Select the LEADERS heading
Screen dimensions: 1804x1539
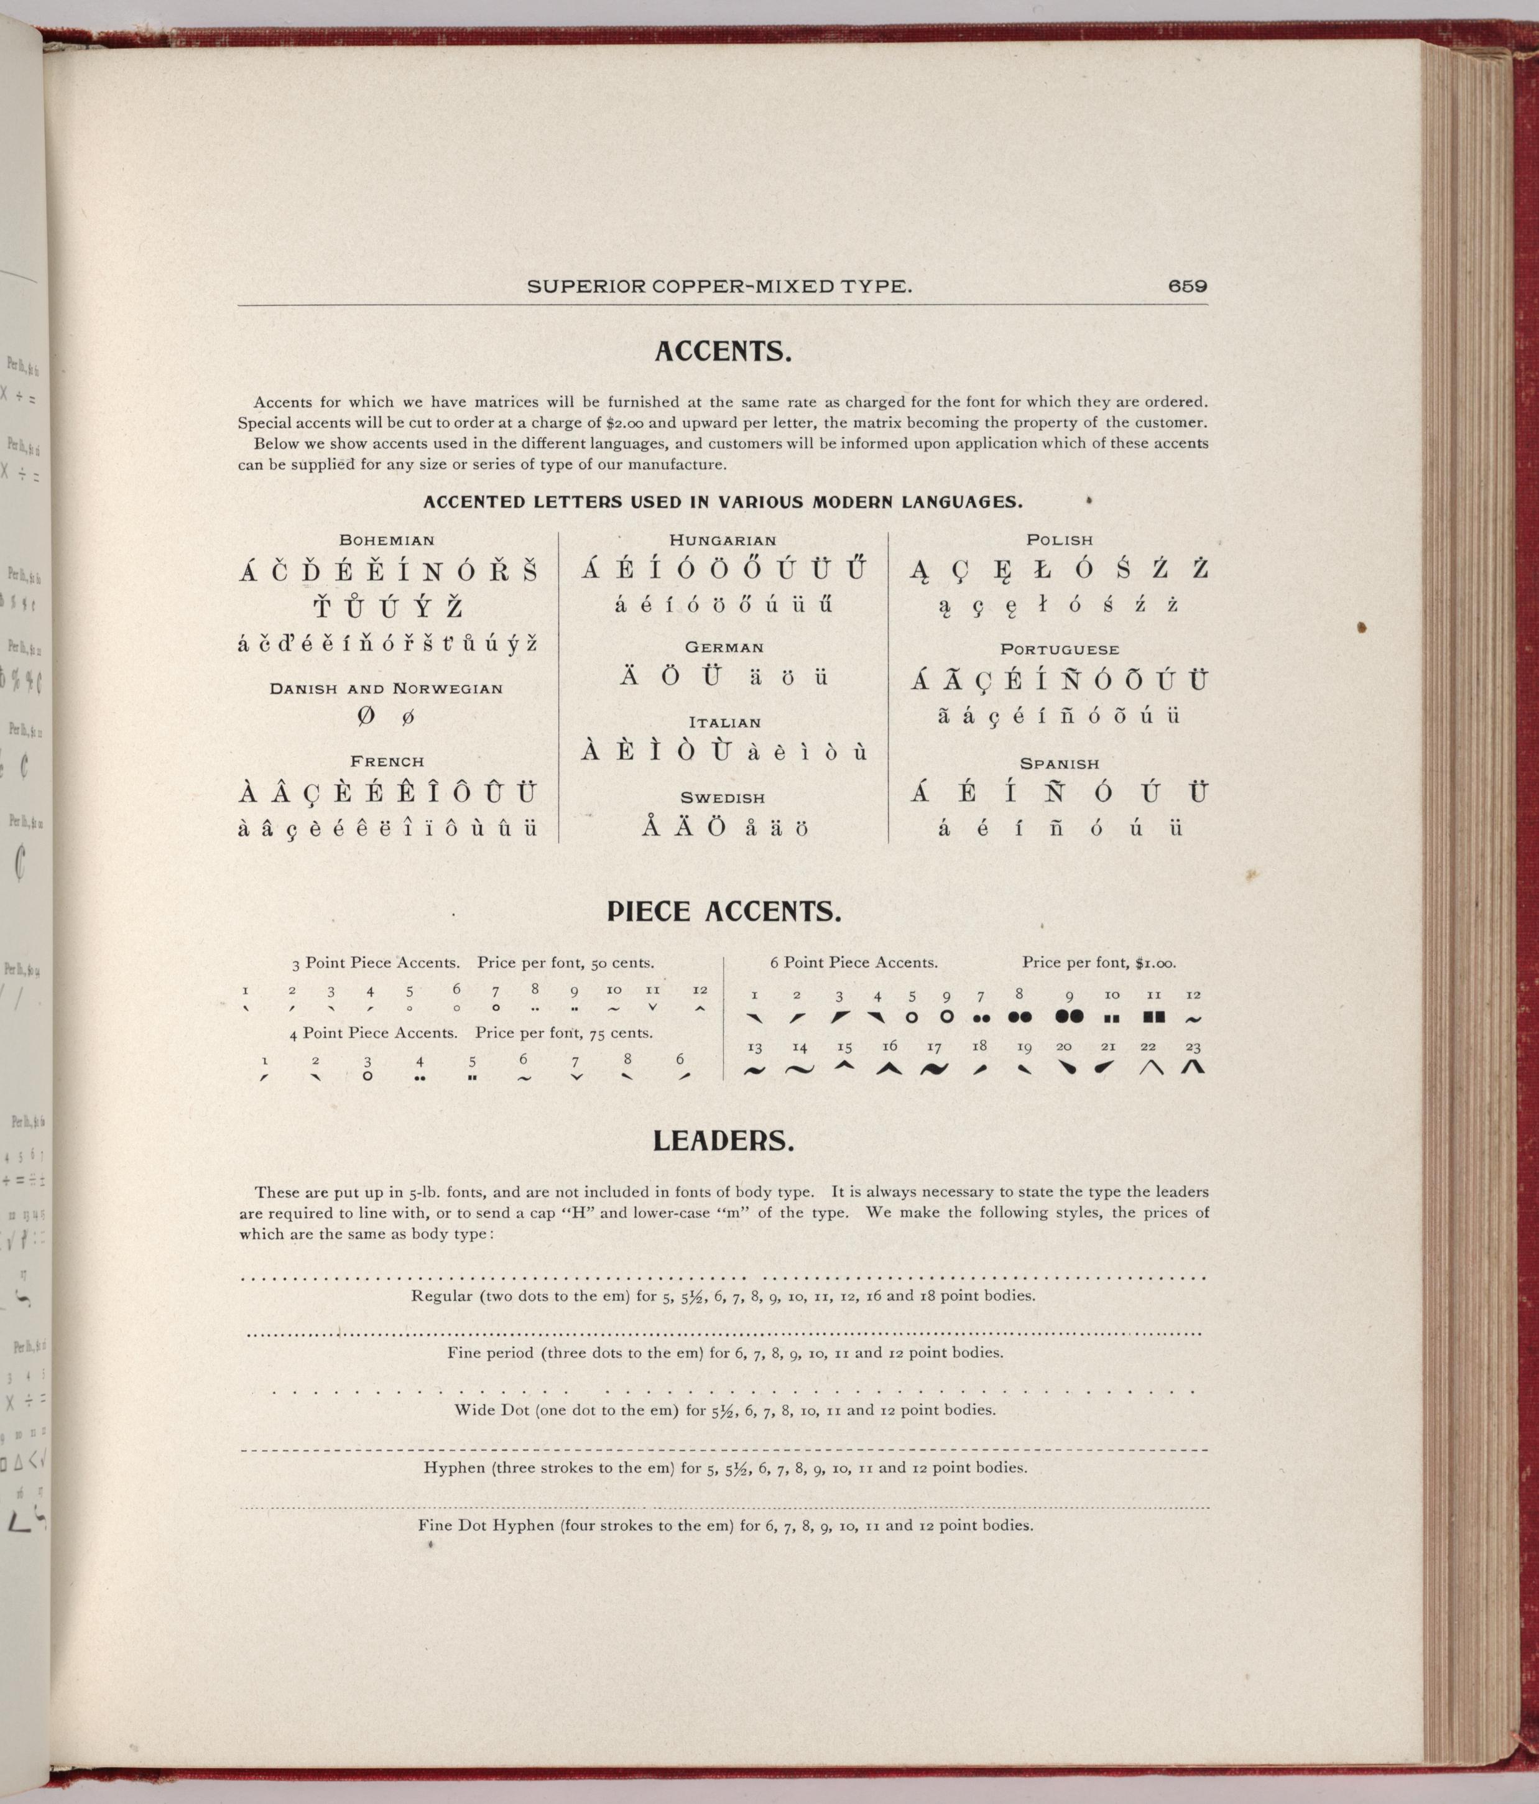pos(723,1140)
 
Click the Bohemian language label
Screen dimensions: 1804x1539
pos(387,540)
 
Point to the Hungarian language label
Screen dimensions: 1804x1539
pos(723,540)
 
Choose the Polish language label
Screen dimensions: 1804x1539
pos(1060,540)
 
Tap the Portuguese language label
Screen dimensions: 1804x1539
pos(1060,649)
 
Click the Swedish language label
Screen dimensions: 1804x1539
pos(723,797)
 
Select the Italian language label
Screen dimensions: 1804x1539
pos(724,722)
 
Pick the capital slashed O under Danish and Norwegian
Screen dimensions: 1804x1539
pos(366,716)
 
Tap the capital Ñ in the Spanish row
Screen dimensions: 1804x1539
pos(1058,793)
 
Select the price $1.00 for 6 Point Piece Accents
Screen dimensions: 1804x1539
pos(1155,963)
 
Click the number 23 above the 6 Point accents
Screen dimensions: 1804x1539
pos(1193,1047)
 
